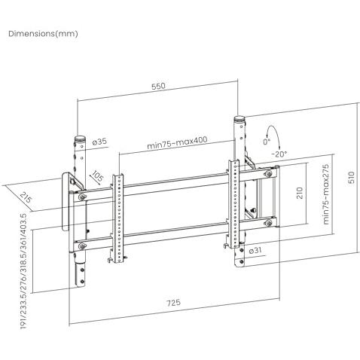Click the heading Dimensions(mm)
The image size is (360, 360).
coord(43,34)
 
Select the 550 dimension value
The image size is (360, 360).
coord(159,86)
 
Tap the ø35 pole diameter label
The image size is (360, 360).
coord(99,142)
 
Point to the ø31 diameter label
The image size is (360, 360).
coord(256,250)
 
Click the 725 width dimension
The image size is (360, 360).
coord(174,302)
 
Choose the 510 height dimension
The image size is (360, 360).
coord(352,177)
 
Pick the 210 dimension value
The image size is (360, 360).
coord(300,193)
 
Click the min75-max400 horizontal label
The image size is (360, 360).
coord(177,142)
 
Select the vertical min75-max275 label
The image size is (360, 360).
coord(325,194)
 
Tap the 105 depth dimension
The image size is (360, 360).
coord(97,176)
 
